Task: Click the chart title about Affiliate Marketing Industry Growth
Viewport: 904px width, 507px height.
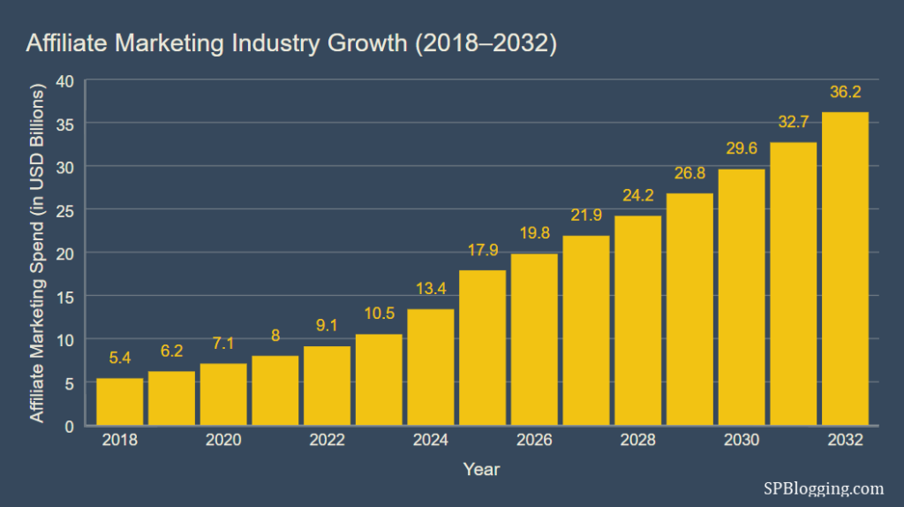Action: [291, 44]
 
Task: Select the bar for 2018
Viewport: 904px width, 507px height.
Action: [119, 402]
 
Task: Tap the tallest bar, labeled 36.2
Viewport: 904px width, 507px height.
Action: [845, 269]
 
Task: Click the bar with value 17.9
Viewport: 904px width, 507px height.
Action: [482, 348]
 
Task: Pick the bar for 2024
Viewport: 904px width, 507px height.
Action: [430, 367]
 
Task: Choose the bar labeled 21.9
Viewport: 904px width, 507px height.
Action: [586, 330]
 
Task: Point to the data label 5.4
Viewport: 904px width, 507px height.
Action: [119, 359]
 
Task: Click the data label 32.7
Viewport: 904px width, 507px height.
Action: [793, 122]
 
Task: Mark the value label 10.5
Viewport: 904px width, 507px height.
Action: [379, 314]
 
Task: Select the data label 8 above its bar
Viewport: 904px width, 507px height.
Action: [275, 336]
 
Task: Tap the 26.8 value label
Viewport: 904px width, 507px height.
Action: [689, 173]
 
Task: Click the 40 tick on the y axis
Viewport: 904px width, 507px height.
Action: [65, 80]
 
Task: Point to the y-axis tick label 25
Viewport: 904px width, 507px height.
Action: [65, 210]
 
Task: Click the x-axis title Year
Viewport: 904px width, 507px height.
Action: [482, 470]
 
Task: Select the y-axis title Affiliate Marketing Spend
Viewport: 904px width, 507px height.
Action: [38, 253]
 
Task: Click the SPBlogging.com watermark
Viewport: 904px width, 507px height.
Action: [823, 488]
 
